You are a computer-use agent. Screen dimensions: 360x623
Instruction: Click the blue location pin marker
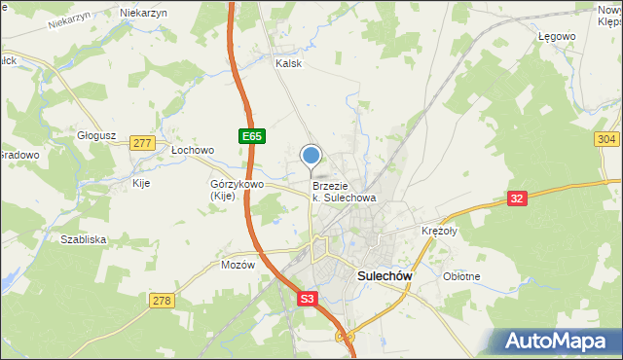click(x=311, y=157)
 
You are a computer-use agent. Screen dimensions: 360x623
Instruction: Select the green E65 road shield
click(x=251, y=137)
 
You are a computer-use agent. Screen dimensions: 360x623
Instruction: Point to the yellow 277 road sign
click(x=142, y=143)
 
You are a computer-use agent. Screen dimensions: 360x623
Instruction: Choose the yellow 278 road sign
click(x=162, y=302)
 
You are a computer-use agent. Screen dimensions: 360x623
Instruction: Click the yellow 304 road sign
click(x=606, y=140)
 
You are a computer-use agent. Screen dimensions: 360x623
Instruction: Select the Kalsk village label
click(x=289, y=63)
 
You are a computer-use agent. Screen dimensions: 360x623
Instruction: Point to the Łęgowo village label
click(x=557, y=36)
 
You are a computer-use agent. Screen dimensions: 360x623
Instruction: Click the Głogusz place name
click(x=97, y=136)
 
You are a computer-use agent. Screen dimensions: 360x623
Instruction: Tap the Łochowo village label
click(x=192, y=151)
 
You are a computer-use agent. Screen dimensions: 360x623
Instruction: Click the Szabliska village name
click(x=83, y=239)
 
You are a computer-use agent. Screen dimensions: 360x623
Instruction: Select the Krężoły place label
click(x=439, y=231)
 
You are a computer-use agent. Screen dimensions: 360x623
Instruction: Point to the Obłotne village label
click(x=461, y=276)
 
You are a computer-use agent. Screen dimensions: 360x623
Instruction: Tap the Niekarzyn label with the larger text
click(x=143, y=13)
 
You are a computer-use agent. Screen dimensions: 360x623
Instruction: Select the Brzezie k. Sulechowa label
click(x=344, y=191)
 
